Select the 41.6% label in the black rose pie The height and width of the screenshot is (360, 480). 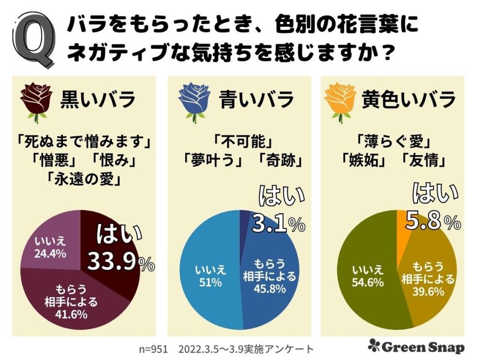point(71,315)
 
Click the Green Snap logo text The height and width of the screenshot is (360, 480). point(417,347)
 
